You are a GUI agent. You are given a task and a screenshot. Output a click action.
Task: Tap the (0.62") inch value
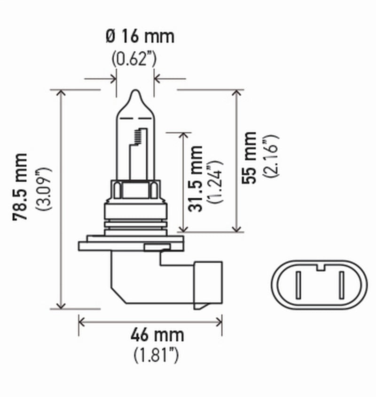[134, 60]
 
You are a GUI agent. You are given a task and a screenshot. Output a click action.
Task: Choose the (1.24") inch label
[217, 181]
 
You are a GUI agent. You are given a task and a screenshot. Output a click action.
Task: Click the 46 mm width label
[150, 336]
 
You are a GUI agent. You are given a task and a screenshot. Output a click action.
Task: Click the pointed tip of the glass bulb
[135, 92]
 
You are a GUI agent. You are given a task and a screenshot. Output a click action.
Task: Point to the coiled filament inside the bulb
[137, 137]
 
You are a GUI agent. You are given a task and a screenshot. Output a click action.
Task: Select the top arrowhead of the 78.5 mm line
[60, 92]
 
